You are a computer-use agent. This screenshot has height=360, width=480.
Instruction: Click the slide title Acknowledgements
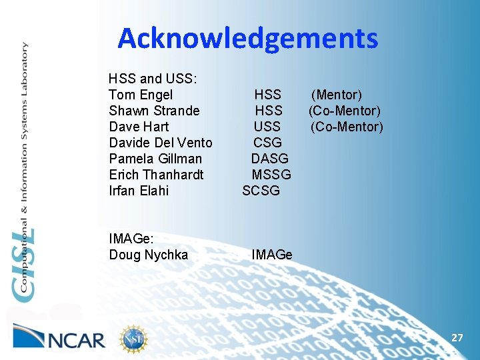[247, 39]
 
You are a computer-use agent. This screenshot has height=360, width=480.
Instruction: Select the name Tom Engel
[140, 95]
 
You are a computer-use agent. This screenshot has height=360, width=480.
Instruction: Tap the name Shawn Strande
[154, 111]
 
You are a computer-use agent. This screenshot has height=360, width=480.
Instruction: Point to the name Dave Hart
[139, 127]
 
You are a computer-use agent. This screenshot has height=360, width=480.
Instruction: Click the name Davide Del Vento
[160, 143]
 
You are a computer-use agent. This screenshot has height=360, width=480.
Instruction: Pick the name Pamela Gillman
[155, 159]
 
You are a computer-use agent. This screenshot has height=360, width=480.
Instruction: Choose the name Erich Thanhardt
[156, 175]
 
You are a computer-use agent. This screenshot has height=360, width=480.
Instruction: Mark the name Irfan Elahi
[139, 191]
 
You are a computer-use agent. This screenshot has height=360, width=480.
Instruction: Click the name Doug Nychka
[148, 255]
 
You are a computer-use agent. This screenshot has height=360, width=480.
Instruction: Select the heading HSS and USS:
[152, 79]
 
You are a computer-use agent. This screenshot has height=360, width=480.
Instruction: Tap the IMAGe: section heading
[132, 239]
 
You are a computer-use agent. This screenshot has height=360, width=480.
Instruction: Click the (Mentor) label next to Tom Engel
[337, 95]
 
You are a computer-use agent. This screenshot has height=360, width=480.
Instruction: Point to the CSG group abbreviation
[267, 143]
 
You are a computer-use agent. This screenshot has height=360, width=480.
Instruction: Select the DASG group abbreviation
[269, 159]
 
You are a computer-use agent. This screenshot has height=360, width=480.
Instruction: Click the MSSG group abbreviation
[271, 175]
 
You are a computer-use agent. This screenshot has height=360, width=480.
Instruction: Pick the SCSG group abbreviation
[261, 191]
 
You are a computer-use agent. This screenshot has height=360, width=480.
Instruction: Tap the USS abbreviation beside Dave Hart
[267, 127]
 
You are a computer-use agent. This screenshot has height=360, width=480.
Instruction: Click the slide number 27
[457, 338]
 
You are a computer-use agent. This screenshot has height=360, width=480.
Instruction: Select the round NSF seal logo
[133, 339]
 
